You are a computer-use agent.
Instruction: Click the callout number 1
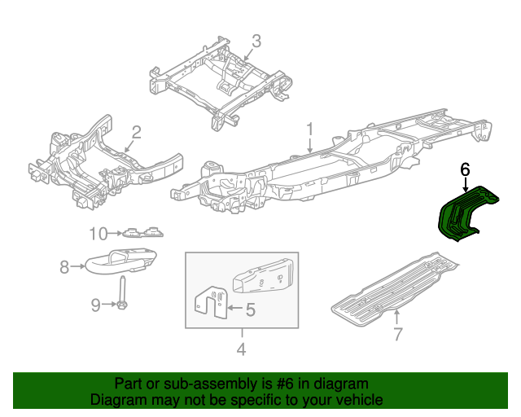(310, 129)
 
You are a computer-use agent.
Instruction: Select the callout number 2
(137, 131)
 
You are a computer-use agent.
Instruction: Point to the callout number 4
(242, 352)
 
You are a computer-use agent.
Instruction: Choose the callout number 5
(250, 309)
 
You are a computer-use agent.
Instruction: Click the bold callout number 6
(465, 169)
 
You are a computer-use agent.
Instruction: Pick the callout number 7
(397, 334)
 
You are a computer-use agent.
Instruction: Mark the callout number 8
(64, 265)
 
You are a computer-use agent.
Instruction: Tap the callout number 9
(95, 305)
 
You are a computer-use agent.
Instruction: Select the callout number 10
(98, 235)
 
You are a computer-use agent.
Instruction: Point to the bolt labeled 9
(121, 295)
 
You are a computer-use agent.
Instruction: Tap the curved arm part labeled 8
(122, 260)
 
